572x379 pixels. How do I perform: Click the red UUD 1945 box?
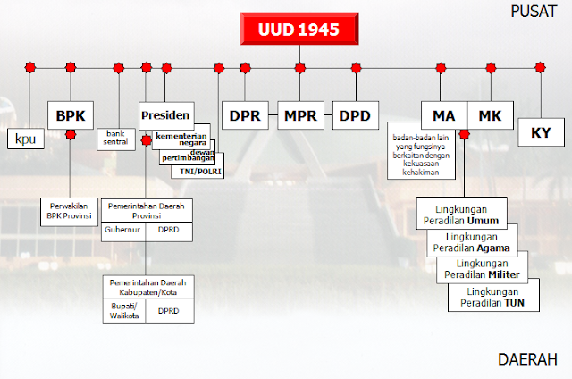[299, 29]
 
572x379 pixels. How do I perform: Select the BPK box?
[70, 114]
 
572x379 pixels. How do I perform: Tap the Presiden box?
[165, 114]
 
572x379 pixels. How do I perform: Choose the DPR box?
[244, 115]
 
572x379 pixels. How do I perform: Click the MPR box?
[300, 115]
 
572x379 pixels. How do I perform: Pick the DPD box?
[356, 115]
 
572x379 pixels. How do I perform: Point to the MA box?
[443, 115]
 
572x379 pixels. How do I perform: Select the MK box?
[490, 115]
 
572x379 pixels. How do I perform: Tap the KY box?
[540, 132]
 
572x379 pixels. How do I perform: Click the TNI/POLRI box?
[198, 170]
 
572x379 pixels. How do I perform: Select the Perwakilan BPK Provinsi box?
[69, 212]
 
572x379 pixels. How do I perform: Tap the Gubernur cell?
[122, 230]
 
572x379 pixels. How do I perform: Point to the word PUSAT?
[534, 12]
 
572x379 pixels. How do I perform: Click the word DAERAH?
[527, 359]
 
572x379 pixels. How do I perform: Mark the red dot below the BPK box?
[71, 134]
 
